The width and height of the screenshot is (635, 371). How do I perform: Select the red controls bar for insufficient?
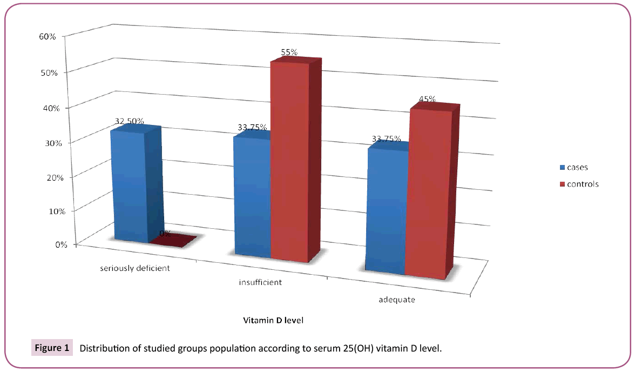[290, 162]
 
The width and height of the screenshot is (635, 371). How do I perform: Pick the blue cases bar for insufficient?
[252, 197]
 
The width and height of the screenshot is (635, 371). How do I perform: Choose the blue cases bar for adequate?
[387, 211]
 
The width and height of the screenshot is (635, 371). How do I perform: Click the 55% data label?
[289, 52]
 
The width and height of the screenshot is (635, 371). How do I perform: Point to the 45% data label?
[427, 100]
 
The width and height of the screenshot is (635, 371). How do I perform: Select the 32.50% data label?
[129, 121]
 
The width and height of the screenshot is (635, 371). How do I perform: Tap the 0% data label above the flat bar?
[165, 234]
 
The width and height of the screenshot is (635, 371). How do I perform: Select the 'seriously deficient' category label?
[135, 268]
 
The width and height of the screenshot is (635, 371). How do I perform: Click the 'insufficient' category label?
[260, 282]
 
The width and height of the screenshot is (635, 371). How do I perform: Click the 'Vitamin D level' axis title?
[273, 321]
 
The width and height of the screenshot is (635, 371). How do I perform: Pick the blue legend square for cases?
[562, 167]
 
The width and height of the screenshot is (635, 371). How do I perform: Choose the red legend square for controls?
[562, 184]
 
